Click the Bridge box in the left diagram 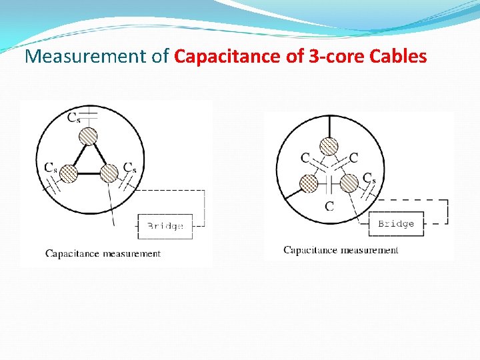(165, 226)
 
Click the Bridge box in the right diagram (395, 223)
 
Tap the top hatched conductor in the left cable (89, 137)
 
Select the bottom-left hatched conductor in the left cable (69, 174)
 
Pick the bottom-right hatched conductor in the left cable (109, 174)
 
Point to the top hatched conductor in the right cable (329, 145)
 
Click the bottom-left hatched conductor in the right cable (309, 182)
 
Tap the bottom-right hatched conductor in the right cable (349, 182)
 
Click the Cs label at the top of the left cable (75, 118)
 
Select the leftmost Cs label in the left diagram (51, 167)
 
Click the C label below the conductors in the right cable (329, 206)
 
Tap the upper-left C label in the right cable (305, 158)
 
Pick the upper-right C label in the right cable (353, 158)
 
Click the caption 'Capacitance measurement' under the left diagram (103, 253)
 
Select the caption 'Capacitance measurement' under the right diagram (341, 250)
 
